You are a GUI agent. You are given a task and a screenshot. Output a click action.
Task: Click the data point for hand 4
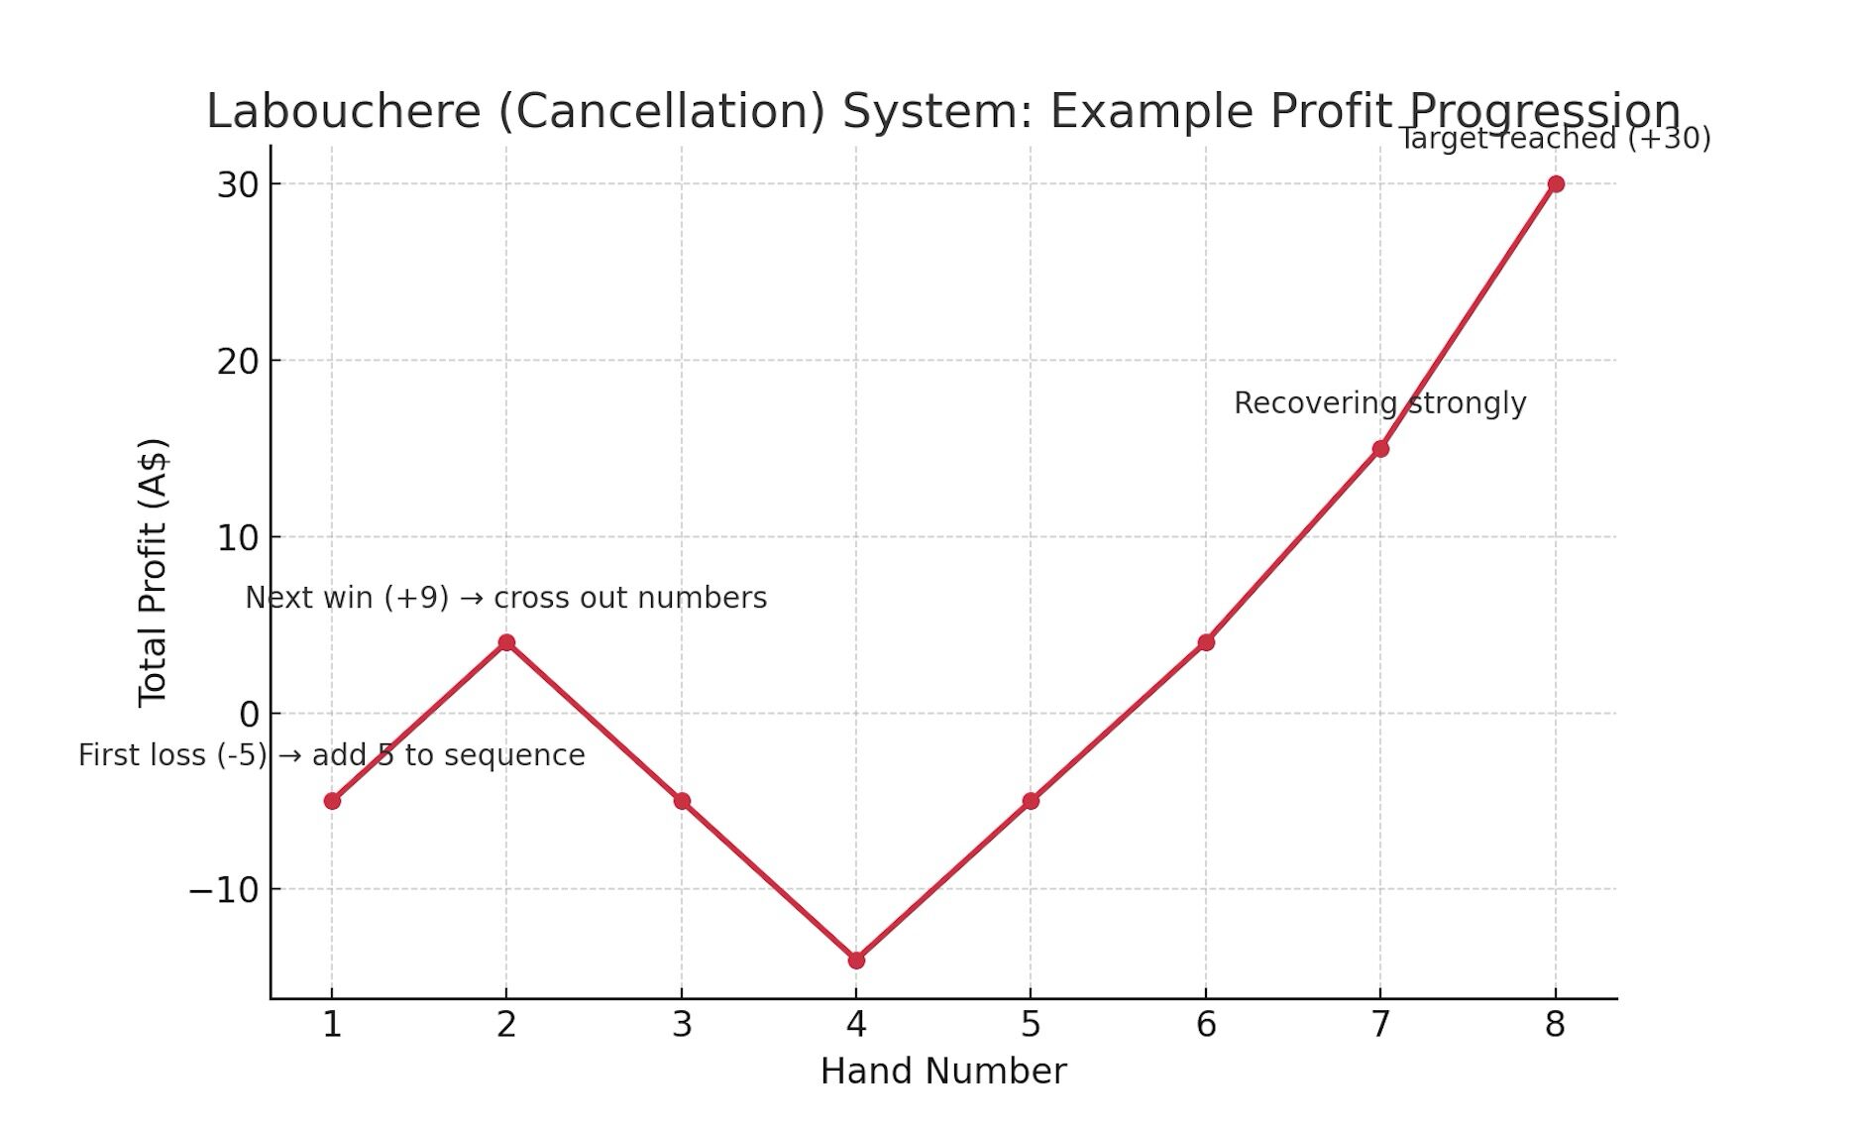pos(856,960)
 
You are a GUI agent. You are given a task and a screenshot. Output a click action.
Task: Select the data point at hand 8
pos(1556,184)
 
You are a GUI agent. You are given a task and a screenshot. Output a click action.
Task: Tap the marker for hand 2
pos(506,642)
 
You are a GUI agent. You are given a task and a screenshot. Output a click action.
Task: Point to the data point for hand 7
pos(1380,449)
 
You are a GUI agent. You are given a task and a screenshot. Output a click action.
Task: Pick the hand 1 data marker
pos(332,801)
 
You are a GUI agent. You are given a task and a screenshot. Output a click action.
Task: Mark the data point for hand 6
pos(1206,642)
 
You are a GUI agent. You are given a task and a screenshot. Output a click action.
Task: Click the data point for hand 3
pos(682,801)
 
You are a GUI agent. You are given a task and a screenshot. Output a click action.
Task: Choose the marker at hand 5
pos(1031,801)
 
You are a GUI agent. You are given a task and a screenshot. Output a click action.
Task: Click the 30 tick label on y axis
pos(238,185)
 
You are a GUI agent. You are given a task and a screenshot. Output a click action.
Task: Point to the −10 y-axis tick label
pos(224,890)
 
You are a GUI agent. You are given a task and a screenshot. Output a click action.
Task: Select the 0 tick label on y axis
pos(249,714)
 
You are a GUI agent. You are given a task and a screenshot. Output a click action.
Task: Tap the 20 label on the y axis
pos(238,362)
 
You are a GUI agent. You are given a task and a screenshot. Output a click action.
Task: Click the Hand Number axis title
pos(943,1072)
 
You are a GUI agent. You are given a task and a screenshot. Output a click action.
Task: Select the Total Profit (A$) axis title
pos(154,572)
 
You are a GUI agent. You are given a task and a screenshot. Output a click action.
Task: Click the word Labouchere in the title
pos(343,111)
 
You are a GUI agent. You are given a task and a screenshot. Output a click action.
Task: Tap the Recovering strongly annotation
pos(1379,403)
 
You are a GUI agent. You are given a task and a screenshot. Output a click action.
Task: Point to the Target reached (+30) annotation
pos(1554,139)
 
